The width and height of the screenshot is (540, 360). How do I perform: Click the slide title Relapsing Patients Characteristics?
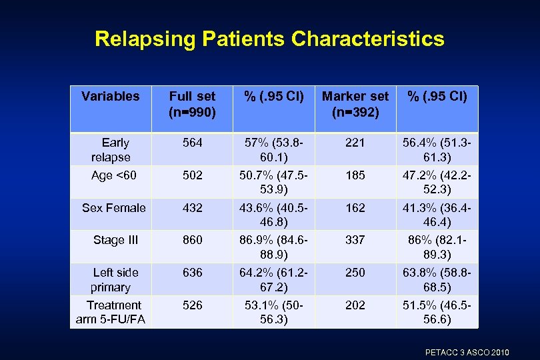pyautogui.click(x=269, y=39)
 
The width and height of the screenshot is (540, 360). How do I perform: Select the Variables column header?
pyautogui.click(x=111, y=96)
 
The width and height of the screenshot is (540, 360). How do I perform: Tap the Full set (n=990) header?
pyautogui.click(x=192, y=104)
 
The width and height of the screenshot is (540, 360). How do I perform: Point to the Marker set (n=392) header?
pyautogui.click(x=355, y=104)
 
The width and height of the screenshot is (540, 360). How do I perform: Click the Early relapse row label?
pyautogui.click(x=111, y=150)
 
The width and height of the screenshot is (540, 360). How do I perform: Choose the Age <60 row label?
pyautogui.click(x=114, y=176)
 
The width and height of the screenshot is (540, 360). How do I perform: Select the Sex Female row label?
pyautogui.click(x=113, y=208)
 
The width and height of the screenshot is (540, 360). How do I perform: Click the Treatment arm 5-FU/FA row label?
pyautogui.click(x=111, y=313)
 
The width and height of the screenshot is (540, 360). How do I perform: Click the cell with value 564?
pyautogui.click(x=192, y=143)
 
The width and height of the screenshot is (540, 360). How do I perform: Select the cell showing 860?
pyautogui.click(x=192, y=240)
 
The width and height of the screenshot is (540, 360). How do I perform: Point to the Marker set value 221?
pyautogui.click(x=355, y=143)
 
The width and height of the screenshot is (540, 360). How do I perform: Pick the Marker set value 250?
pyautogui.click(x=355, y=273)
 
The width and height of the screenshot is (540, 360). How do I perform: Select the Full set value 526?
pyautogui.click(x=192, y=305)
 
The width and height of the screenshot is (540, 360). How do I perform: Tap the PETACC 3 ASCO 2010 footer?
pyautogui.click(x=467, y=351)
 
